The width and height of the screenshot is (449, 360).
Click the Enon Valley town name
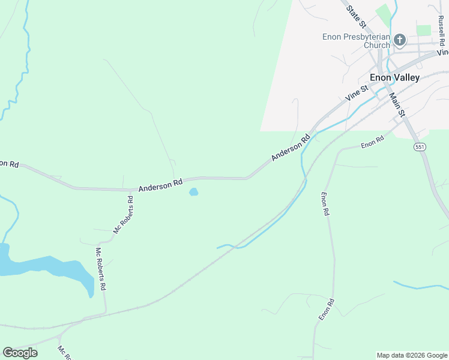tap(394, 77)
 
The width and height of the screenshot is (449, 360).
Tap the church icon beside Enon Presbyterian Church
tap(400, 40)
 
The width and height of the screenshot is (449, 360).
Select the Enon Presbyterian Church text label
tap(356, 41)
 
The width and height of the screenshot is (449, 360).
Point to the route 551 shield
tap(419, 146)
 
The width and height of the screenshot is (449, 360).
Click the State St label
tap(357, 16)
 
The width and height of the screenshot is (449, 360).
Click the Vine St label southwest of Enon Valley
tap(356, 93)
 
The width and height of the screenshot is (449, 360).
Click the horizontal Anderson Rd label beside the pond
tap(160, 187)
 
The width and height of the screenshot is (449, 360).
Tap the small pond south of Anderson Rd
tap(193, 192)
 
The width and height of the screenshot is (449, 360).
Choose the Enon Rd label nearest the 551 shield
tap(372, 143)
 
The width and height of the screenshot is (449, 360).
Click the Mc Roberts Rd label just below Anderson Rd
tap(123, 215)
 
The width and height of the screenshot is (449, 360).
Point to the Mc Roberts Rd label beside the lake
tap(100, 269)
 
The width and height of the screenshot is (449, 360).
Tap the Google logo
tap(20, 353)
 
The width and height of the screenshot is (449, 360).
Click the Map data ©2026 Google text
tap(412, 355)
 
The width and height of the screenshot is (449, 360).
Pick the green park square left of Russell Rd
tap(424, 30)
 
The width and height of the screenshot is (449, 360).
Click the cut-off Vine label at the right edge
tap(443, 52)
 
